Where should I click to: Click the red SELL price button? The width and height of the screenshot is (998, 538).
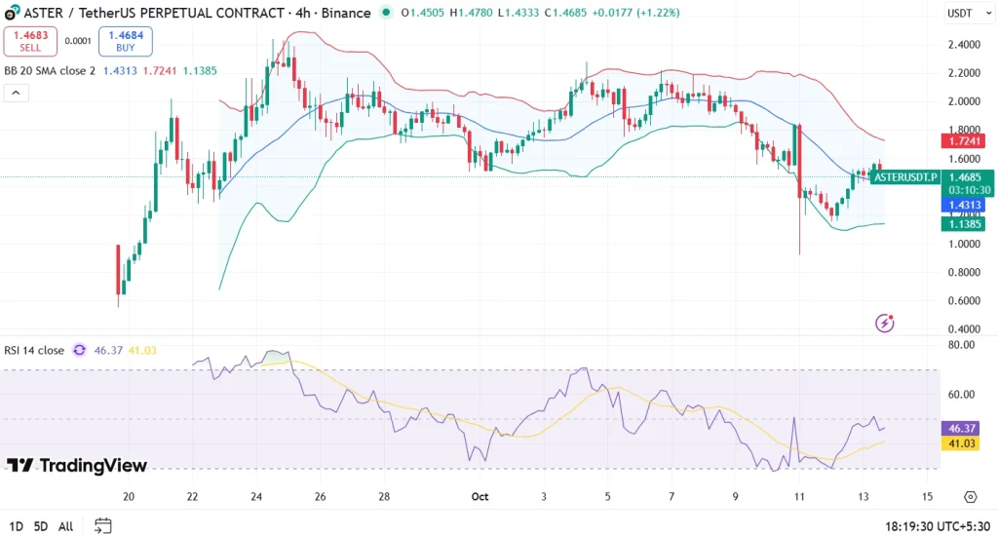coord(30,41)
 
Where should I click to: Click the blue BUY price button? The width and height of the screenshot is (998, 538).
coord(126,41)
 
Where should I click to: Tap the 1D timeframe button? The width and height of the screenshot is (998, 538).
coord(15,526)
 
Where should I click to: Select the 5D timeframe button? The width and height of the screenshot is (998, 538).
coord(41,526)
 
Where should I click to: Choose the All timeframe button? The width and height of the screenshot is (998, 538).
coord(66,526)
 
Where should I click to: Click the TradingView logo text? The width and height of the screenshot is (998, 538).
coord(77,465)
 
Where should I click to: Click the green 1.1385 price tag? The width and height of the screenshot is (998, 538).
coord(962,224)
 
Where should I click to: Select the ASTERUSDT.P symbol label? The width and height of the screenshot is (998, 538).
coord(905,176)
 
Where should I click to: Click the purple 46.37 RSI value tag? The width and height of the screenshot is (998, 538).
coord(962,428)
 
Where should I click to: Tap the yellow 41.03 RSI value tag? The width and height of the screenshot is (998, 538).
coord(962,443)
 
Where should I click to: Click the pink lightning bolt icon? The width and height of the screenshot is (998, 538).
coord(885,323)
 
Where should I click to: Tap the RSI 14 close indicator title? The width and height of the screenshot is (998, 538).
coord(34,350)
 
